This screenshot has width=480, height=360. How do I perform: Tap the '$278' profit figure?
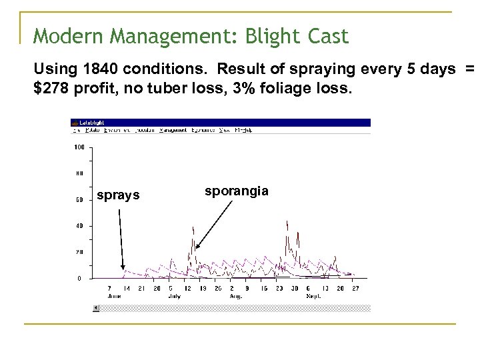coord(48,86)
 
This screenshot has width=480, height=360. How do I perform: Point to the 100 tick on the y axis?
coord(79,147)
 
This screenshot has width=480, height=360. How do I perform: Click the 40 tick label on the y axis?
coord(79,225)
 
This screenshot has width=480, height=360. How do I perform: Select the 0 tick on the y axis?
coord(80,278)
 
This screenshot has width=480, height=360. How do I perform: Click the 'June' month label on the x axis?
coord(115,295)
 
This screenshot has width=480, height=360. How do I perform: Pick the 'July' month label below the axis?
coord(175,295)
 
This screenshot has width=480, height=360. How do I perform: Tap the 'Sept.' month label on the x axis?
coord(313,295)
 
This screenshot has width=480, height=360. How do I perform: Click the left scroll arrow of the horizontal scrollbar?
coord(96,308)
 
